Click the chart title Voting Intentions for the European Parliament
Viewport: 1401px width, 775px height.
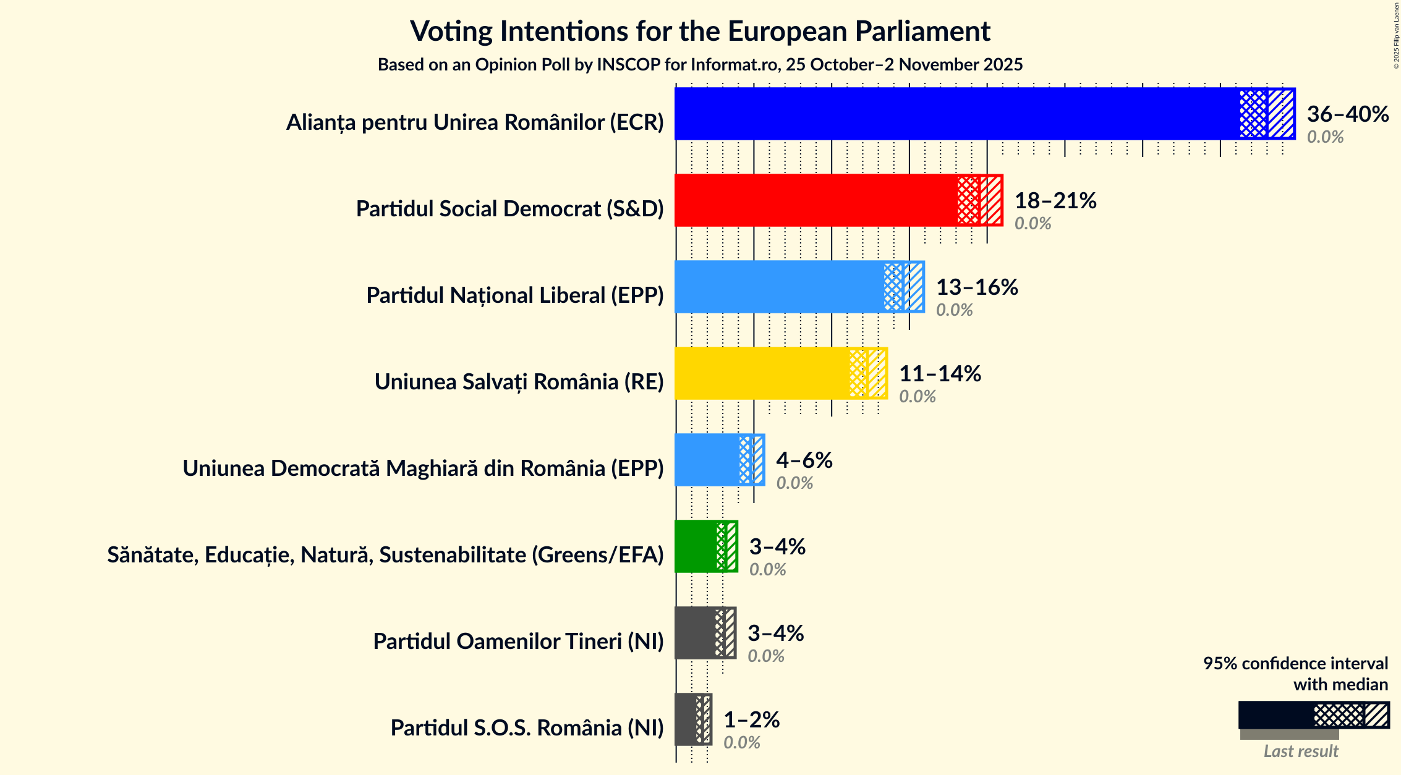tap(700, 32)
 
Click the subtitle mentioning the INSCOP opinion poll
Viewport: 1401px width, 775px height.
tap(700, 65)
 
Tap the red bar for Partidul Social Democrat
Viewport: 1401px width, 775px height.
tap(816, 200)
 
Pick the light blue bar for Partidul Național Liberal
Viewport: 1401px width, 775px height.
tap(779, 287)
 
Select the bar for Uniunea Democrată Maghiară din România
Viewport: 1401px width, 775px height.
tap(707, 460)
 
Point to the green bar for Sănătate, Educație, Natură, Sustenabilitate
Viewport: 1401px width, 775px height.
tap(696, 546)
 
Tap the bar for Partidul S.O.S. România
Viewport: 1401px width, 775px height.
tap(686, 719)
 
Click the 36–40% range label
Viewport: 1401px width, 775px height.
tap(1347, 114)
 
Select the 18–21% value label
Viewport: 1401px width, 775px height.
tap(1055, 201)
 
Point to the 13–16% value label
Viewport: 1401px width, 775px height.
tap(977, 287)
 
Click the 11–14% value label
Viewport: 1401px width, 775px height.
tap(940, 374)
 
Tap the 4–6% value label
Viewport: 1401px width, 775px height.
tap(804, 460)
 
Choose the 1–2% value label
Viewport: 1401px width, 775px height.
tap(751, 720)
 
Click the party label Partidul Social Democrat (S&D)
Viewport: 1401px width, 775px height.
tap(509, 209)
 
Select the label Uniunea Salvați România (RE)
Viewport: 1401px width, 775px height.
tap(519, 382)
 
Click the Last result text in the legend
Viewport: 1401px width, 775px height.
tap(1301, 751)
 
